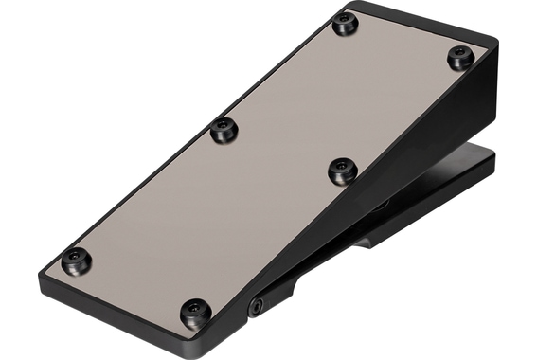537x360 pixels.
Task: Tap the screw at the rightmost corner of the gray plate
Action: (460, 58)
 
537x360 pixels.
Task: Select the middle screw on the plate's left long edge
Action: (223, 130)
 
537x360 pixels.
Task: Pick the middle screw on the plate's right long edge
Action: (341, 171)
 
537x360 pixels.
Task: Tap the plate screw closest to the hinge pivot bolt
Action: (194, 311)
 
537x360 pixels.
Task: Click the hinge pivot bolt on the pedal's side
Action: (256, 306)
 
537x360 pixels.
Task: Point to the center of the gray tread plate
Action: (265, 171)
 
